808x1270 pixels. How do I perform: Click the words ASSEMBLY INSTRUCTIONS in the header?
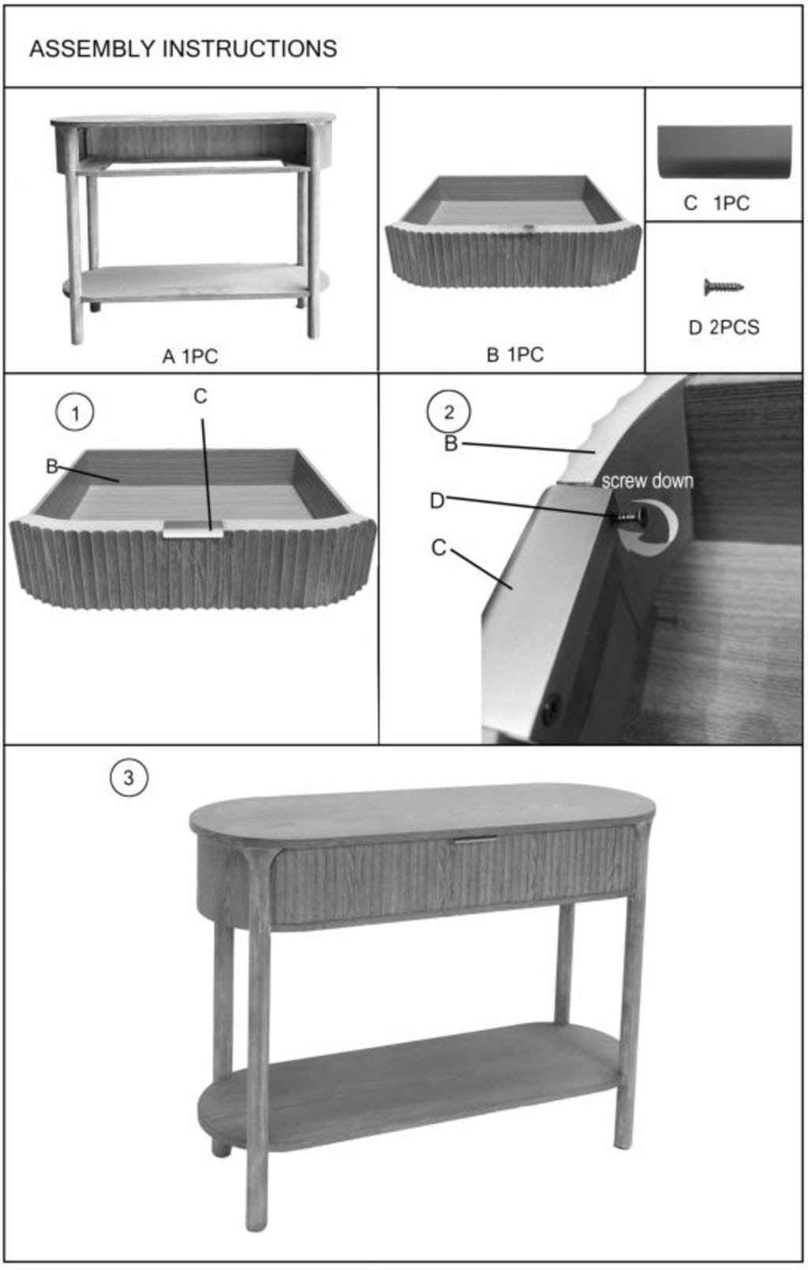(x=183, y=49)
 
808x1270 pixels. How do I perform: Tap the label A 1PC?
(x=190, y=356)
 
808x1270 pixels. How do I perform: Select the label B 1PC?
(x=515, y=354)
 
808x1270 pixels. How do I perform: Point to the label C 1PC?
(x=716, y=203)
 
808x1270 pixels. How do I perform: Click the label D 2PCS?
(x=724, y=327)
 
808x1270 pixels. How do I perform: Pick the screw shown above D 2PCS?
(x=724, y=287)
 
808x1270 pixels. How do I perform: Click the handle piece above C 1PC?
(x=724, y=152)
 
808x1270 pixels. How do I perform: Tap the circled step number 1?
(x=75, y=413)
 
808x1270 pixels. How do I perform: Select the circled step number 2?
(x=448, y=412)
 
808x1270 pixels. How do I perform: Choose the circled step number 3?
(x=129, y=777)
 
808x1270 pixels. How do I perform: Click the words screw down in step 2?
(x=647, y=481)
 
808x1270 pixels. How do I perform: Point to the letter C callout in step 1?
(x=200, y=396)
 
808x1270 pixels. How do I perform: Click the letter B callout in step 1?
(x=51, y=466)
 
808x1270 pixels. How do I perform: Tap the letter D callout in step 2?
(x=437, y=500)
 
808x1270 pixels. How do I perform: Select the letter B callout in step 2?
(x=451, y=444)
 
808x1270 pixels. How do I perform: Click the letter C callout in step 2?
(x=439, y=548)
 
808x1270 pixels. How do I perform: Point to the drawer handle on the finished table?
(x=475, y=841)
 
